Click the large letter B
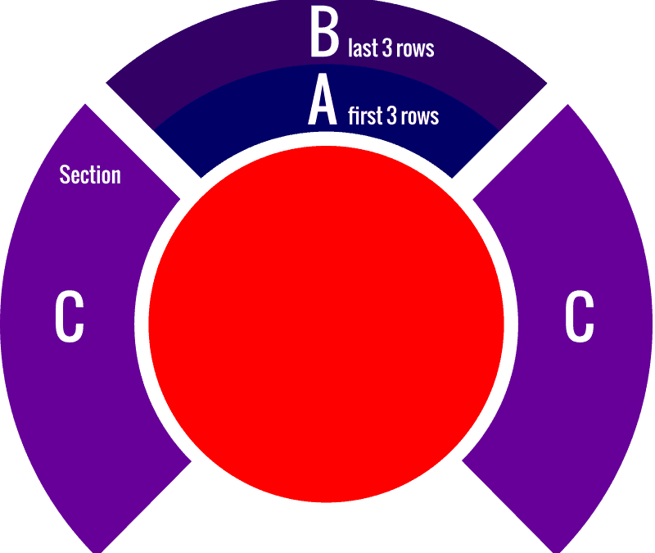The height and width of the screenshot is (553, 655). click(324, 33)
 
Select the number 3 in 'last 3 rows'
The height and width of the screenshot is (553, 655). click(387, 48)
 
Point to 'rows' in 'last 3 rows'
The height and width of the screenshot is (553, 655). click(415, 49)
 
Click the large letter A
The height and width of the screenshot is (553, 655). click(322, 100)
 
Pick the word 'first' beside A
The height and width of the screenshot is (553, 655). click(365, 116)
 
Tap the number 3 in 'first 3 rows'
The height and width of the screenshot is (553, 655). click(392, 116)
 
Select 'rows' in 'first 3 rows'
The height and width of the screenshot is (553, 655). click(420, 117)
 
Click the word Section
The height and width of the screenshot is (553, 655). click(90, 175)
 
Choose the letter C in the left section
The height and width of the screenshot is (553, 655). click(70, 316)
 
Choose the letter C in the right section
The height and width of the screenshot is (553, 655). click(580, 316)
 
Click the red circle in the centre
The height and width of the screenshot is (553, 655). click(326, 324)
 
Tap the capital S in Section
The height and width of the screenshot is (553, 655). click(65, 175)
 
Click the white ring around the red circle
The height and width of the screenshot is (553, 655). click(141, 324)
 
